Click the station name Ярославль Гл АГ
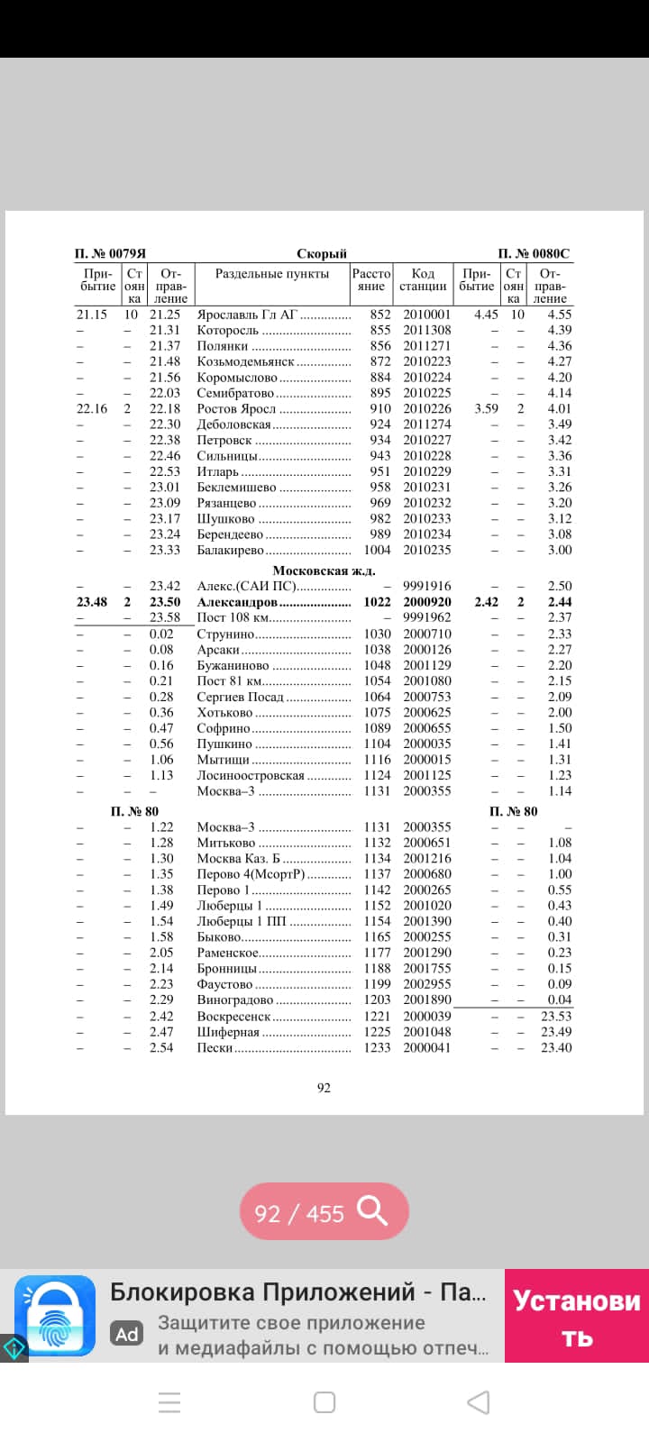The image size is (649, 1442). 247,315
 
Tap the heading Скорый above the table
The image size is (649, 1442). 322,254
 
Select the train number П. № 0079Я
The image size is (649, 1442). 110,254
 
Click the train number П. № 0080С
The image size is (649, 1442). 534,254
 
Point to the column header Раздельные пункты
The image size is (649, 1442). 272,274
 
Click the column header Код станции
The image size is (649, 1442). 423,279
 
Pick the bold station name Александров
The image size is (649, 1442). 237,602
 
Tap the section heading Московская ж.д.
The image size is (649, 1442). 324,570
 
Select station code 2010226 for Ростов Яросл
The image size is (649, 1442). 426,408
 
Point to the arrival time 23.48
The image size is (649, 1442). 92,602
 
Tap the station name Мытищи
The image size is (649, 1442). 223,760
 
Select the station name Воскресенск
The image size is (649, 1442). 233,1017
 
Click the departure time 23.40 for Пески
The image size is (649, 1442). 556,1047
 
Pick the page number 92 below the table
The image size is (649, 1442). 324,1088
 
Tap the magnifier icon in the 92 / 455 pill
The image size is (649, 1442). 372,1211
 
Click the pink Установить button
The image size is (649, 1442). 577,1316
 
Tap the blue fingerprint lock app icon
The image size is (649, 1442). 55,1316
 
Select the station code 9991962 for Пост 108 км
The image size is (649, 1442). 426,618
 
